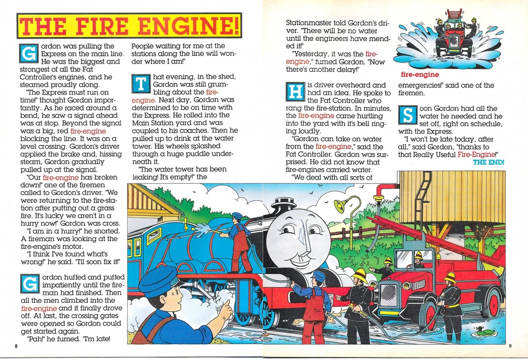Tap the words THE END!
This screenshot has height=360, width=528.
pos(488,162)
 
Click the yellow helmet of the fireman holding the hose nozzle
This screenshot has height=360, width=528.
pos(360,276)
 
